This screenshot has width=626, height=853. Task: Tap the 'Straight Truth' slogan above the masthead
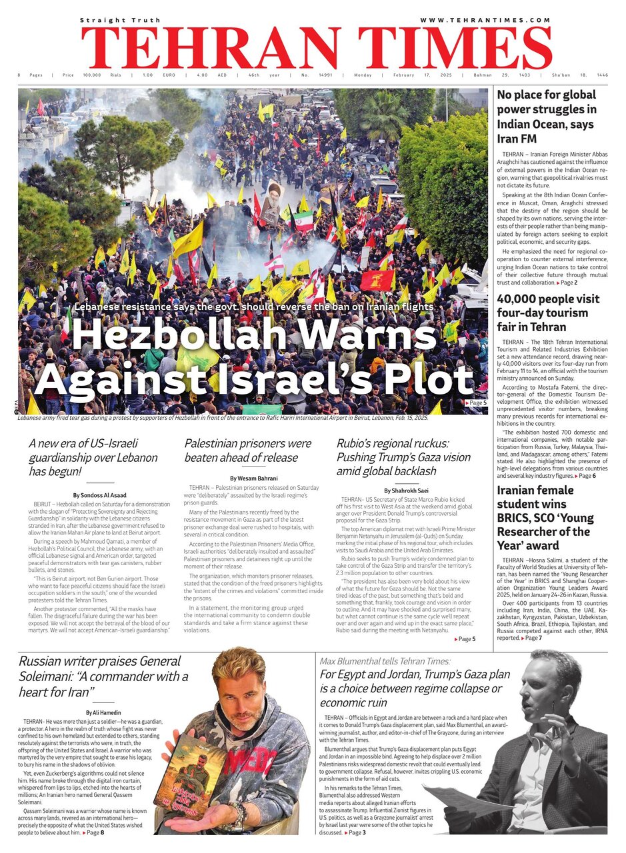[112, 21]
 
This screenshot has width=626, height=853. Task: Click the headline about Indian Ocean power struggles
[547, 117]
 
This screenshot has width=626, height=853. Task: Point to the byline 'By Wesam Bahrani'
[254, 478]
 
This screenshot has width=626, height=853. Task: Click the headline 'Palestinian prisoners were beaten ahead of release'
[247, 450]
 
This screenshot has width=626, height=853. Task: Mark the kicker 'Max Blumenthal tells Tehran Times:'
[385, 661]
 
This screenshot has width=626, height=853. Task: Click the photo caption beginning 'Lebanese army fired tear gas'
[223, 418]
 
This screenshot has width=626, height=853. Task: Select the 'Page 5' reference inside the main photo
[475, 403]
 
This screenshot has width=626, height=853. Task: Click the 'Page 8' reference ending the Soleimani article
[93, 833]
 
